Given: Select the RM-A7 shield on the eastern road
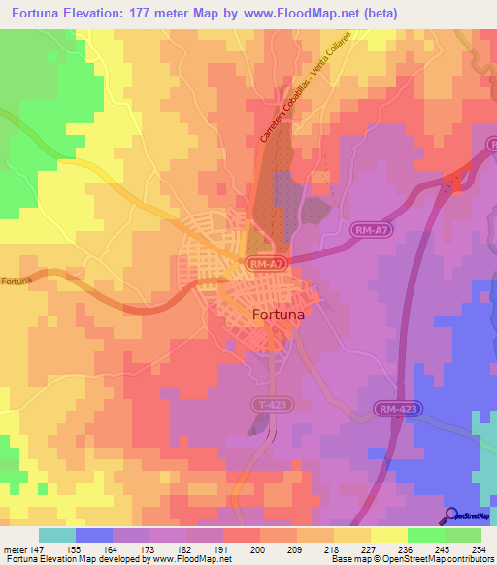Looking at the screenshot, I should click(x=375, y=230).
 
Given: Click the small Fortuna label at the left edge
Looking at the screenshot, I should click(x=17, y=282).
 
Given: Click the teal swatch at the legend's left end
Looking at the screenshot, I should click(x=57, y=535).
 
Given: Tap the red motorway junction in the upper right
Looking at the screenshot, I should click(x=451, y=181).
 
